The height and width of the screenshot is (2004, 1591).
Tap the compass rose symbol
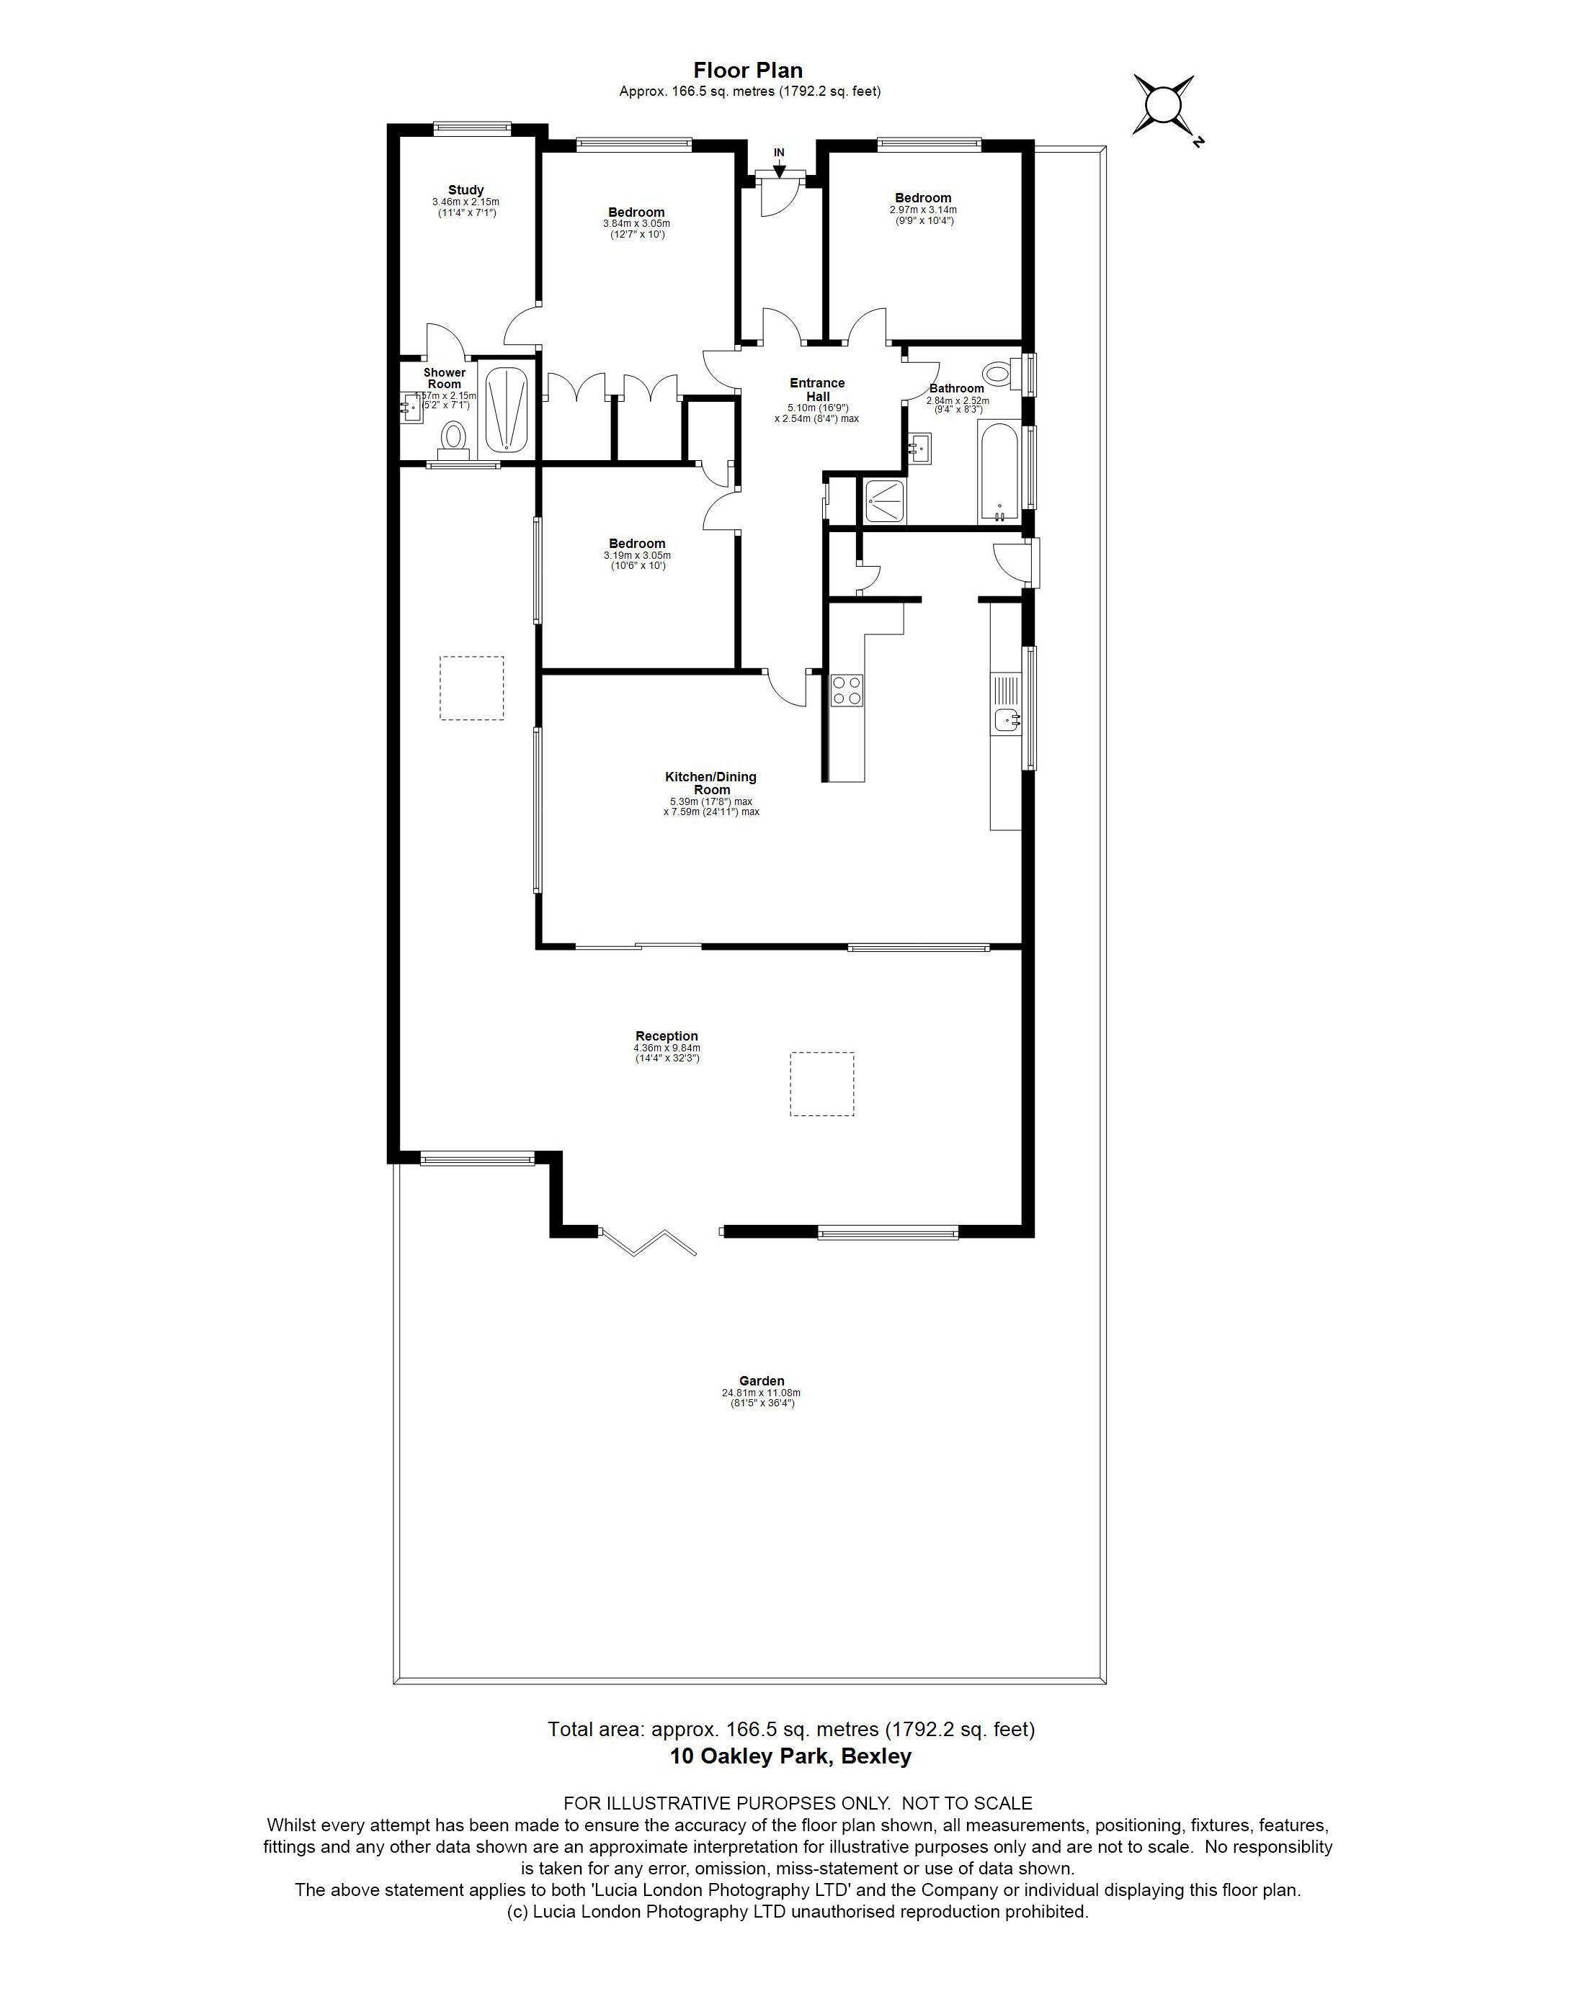1162,104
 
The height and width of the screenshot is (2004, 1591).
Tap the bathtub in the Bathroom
999,471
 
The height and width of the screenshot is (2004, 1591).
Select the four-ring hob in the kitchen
846,691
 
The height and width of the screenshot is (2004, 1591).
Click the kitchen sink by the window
1006,719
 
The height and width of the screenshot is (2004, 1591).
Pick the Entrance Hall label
817,390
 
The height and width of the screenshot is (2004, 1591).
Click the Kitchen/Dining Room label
710,783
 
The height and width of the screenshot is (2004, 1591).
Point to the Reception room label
666,1035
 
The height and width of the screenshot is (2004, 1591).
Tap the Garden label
762,1380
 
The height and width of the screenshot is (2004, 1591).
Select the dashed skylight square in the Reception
822,1083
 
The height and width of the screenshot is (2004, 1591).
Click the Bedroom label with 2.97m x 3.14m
922,198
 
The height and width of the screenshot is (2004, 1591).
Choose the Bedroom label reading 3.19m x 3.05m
637,544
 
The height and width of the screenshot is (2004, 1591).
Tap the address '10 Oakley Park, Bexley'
790,1756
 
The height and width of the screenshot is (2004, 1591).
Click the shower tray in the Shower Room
507,410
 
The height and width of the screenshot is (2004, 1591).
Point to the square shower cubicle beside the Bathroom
883,501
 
